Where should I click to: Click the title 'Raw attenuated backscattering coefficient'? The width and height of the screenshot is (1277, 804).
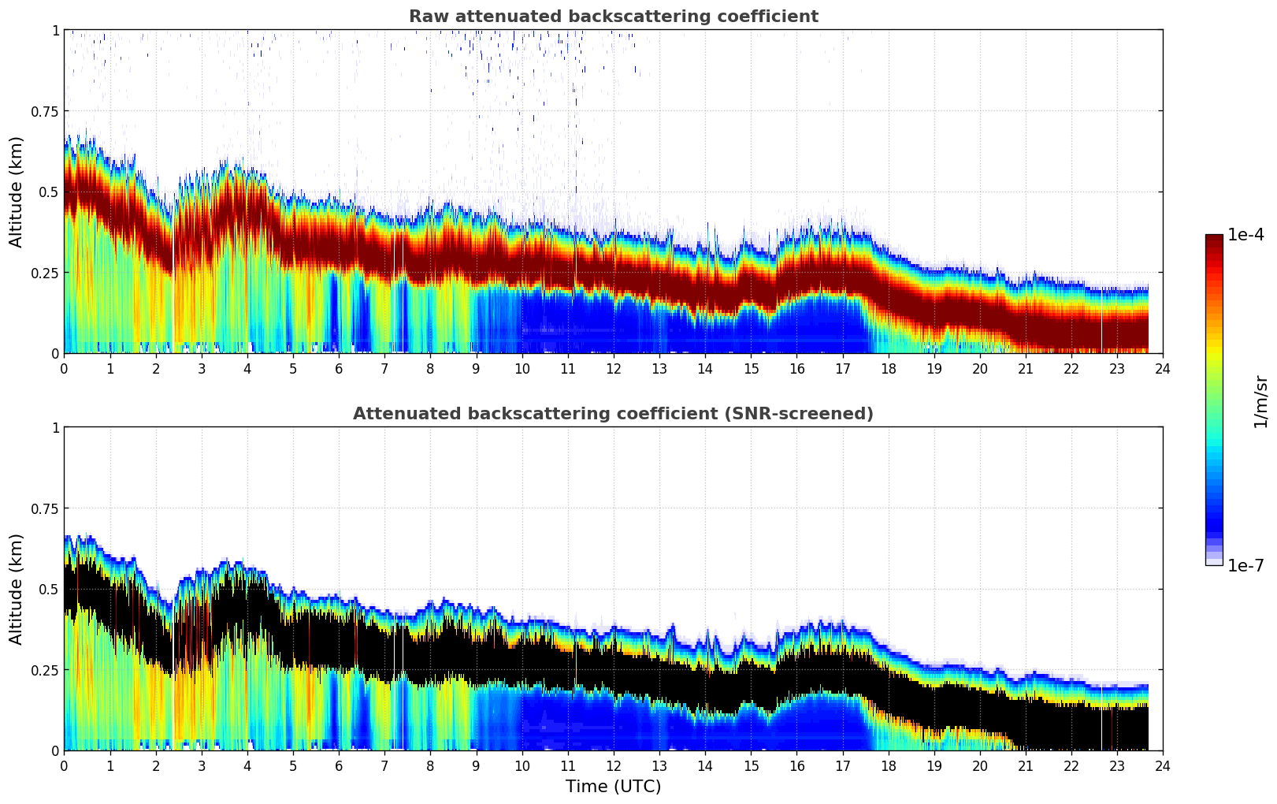coord(613,17)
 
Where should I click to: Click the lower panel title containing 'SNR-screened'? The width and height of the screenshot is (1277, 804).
coord(613,414)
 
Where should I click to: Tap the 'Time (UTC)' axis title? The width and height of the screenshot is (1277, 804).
coord(613,787)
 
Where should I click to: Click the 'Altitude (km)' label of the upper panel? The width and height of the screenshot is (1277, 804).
coord(17,192)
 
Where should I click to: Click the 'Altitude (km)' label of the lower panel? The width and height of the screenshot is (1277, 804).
coord(17,589)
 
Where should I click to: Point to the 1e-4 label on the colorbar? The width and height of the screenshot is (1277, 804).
coord(1245,235)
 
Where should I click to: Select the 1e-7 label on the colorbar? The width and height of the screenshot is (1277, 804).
coord(1245,566)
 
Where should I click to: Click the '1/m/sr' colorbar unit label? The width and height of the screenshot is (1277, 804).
coord(1260,401)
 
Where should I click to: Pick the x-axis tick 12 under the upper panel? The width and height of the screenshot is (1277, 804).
coord(613,368)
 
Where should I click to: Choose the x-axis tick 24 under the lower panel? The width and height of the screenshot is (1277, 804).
coord(1162,765)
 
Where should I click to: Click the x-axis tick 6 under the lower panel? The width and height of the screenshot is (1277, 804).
coord(339,765)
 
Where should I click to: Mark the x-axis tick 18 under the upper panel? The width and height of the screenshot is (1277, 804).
coord(888,368)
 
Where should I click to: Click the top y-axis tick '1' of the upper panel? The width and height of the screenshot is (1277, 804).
coord(55,30)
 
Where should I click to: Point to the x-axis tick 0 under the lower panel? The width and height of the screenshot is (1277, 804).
coord(65,765)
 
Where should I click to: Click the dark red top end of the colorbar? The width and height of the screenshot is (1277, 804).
coord(1213,238)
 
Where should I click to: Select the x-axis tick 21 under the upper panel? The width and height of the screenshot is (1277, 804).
coord(1025,368)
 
